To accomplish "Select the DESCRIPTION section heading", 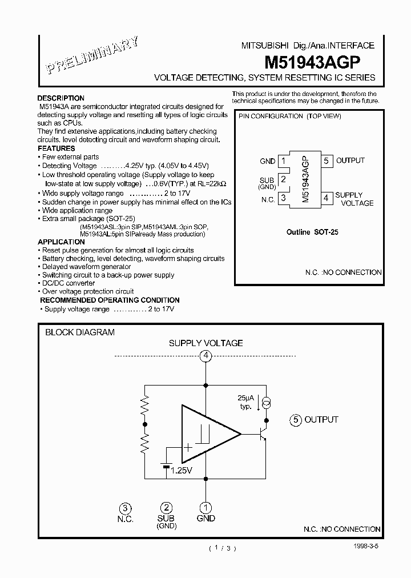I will click(x=61, y=98).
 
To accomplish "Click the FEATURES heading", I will click(x=57, y=148).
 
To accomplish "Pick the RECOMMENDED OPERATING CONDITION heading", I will click(x=110, y=300).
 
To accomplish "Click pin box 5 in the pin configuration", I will click(x=327, y=161).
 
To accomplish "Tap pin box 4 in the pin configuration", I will click(x=327, y=198).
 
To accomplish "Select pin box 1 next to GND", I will click(x=283, y=162).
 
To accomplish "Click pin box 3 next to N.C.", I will click(x=283, y=198).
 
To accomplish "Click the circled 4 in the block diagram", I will click(x=205, y=356).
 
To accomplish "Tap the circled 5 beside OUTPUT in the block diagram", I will click(x=295, y=420).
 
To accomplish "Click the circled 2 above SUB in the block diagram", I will click(x=166, y=507).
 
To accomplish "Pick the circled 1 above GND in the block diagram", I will click(x=205, y=507).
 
